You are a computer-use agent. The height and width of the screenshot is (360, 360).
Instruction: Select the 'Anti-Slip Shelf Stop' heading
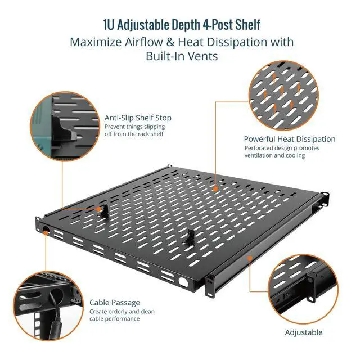(x=138, y=118)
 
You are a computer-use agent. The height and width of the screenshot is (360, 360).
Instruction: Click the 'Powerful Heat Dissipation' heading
(x=289, y=139)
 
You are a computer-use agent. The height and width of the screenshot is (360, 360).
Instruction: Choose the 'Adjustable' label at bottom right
(x=304, y=332)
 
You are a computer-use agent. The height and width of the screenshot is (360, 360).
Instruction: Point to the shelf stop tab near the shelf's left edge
(x=101, y=210)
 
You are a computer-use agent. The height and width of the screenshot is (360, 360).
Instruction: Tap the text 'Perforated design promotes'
(x=282, y=148)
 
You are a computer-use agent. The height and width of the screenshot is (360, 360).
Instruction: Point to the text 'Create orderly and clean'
(x=122, y=312)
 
